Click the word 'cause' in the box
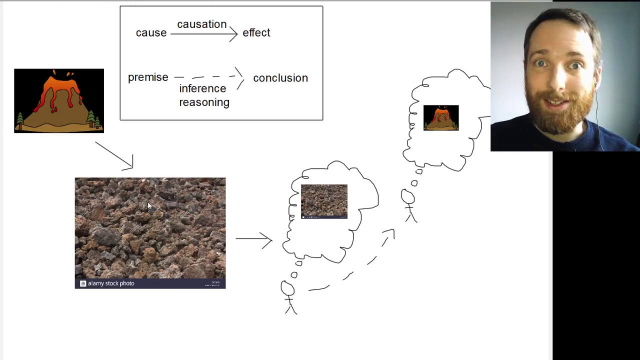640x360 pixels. pos(151,33)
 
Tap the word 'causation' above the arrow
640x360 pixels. pos(201,24)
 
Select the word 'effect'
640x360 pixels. pos(256,33)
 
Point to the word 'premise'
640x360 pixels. pos(148,77)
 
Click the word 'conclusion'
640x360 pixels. pos(280,78)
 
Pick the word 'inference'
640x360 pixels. pos(202,88)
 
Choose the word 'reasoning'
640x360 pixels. pos(204,102)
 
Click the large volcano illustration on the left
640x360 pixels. pos(59,101)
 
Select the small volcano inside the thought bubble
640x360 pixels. pos(441,118)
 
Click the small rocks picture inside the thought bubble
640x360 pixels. pos(324,201)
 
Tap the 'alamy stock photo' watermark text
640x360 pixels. pos(110,283)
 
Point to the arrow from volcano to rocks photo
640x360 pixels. pos(115,156)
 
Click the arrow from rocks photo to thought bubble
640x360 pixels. pos(253,239)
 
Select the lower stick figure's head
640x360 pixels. pos(287,288)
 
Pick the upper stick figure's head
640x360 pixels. pos(407,197)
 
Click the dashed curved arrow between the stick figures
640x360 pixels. pos(352,272)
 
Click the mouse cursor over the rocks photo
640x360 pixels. pos(149,206)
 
